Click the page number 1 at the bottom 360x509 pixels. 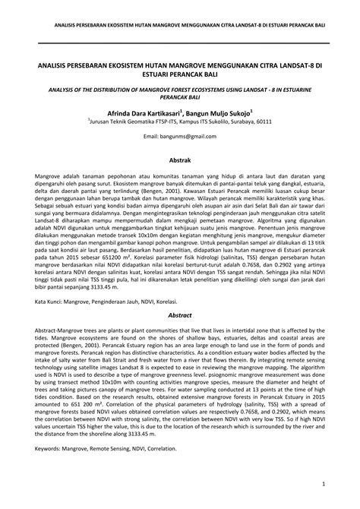click(324, 483)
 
